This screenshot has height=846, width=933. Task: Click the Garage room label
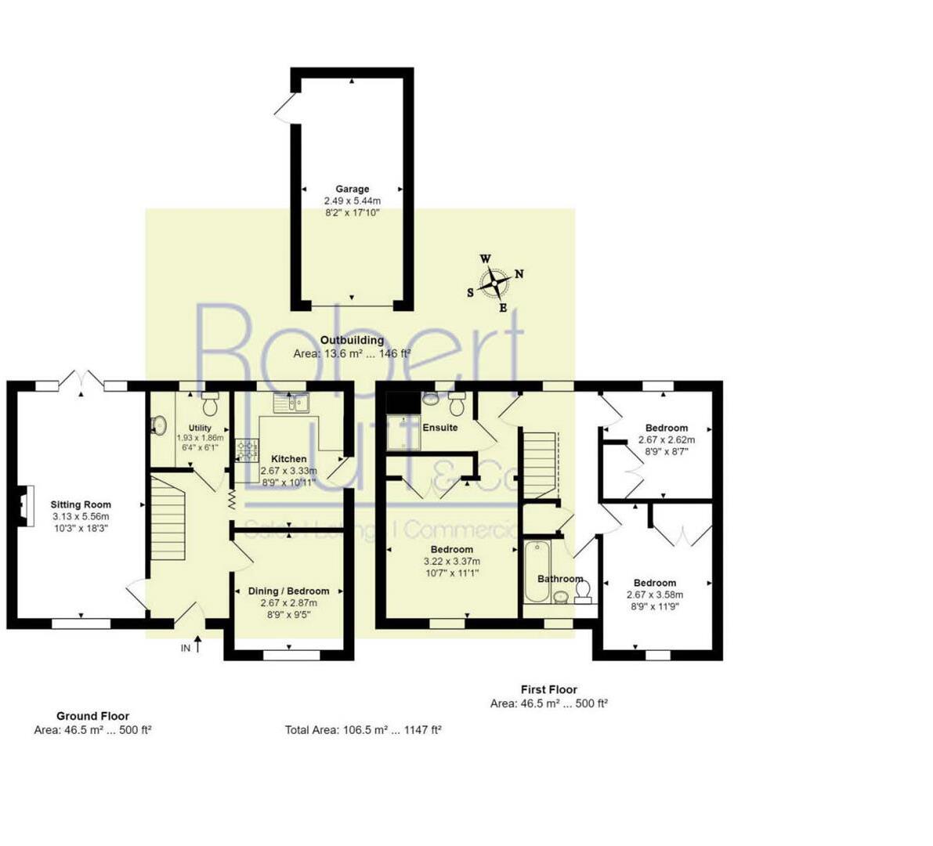[x=352, y=189]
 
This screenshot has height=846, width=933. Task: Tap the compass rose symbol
[x=495, y=283]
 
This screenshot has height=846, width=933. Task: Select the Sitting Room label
[x=81, y=504]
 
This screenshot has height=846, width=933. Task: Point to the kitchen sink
[x=291, y=403]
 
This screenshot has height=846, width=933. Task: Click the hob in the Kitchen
[x=248, y=450]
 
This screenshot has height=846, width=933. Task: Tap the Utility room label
[x=200, y=428]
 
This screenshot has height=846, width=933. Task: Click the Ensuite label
[x=440, y=428]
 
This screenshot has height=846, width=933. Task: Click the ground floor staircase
[x=168, y=521]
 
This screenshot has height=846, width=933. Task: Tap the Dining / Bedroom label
[x=288, y=591]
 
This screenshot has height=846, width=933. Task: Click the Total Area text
[x=363, y=729]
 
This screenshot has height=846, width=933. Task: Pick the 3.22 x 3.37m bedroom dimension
[x=451, y=561]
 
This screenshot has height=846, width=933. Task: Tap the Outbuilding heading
[x=352, y=340]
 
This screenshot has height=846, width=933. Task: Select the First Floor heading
[x=548, y=689]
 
